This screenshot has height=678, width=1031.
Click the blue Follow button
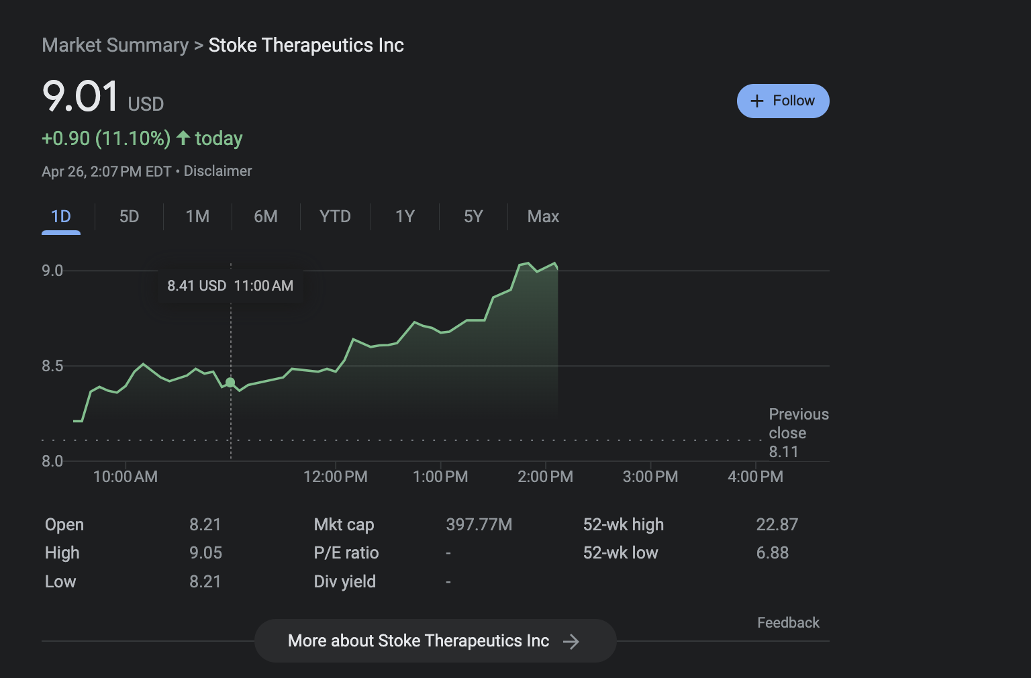[x=783, y=101]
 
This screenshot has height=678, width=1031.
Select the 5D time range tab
[x=129, y=216]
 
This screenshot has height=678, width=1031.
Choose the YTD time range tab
[x=335, y=216]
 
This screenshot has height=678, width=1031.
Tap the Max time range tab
[x=543, y=216]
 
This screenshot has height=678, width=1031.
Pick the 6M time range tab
[x=266, y=216]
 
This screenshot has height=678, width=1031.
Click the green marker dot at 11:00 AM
[x=230, y=383]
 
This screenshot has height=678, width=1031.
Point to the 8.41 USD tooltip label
[x=197, y=286]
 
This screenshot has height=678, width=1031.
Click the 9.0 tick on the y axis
[x=52, y=271]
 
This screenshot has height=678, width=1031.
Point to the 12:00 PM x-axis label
[x=336, y=477]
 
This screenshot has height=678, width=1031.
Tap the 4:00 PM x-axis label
[x=755, y=477]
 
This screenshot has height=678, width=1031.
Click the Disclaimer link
[x=218, y=171]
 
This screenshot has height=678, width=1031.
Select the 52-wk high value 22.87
[x=777, y=524]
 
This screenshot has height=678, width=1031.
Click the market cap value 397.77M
[x=479, y=524]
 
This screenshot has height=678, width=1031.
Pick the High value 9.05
[x=205, y=552]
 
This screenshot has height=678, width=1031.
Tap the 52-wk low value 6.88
[x=772, y=552]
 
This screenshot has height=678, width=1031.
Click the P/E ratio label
[x=346, y=552]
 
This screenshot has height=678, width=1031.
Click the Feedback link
[x=788, y=623]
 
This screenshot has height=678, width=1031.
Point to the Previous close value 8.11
[x=783, y=452]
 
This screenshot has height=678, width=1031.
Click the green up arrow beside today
[x=183, y=138]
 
